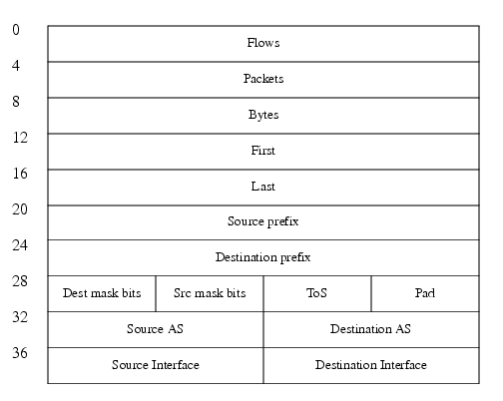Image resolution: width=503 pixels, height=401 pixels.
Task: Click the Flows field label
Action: [x=263, y=43]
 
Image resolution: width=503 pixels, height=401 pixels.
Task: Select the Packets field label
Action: [x=263, y=79]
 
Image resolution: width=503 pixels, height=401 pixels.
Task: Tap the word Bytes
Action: [x=263, y=115]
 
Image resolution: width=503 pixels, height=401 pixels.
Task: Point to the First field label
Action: [x=263, y=151]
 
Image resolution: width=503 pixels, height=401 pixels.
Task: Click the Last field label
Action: [x=263, y=187]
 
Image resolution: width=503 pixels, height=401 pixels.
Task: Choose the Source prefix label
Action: [x=263, y=221]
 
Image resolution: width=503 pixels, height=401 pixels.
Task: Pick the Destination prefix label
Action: [x=263, y=257]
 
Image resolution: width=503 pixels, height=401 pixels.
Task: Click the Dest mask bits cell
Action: [x=102, y=293]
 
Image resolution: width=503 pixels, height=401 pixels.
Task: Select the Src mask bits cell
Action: [x=210, y=293]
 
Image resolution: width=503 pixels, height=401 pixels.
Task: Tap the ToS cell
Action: [x=317, y=293]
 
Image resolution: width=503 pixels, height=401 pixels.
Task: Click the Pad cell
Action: [x=425, y=293]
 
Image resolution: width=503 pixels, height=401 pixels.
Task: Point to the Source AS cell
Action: [x=156, y=329]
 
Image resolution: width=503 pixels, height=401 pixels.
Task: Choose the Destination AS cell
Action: [x=371, y=329]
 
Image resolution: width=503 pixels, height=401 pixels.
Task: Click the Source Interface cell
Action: [x=156, y=365]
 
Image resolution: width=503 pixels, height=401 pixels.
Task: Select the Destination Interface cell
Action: [x=371, y=365]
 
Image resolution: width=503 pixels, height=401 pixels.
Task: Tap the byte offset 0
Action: [x=16, y=30]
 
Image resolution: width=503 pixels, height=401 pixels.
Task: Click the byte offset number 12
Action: [x=20, y=138]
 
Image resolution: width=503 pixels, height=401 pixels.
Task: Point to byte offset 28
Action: [x=20, y=281]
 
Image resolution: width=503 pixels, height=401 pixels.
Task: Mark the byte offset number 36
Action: [x=20, y=353]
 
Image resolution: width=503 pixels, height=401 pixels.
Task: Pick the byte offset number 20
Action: [x=20, y=209]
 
